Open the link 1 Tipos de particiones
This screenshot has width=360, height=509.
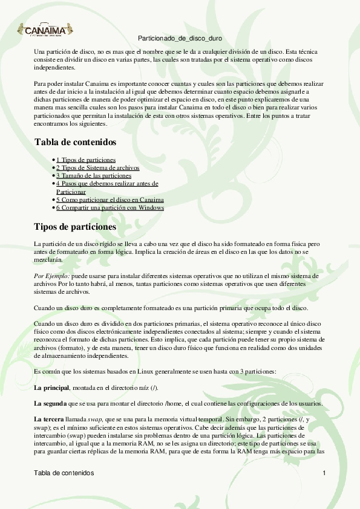[86, 160]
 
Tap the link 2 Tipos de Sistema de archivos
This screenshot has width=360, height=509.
[97, 167]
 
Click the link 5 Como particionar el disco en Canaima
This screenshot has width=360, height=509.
[110, 199]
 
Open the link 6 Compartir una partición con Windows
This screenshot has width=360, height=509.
[110, 207]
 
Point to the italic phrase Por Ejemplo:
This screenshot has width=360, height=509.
[50, 275]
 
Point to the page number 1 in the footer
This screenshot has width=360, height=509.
[324, 472]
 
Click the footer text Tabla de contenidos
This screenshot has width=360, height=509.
[64, 472]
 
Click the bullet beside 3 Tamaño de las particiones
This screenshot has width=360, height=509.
[54, 176]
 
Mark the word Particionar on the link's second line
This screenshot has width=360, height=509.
[71, 191]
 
